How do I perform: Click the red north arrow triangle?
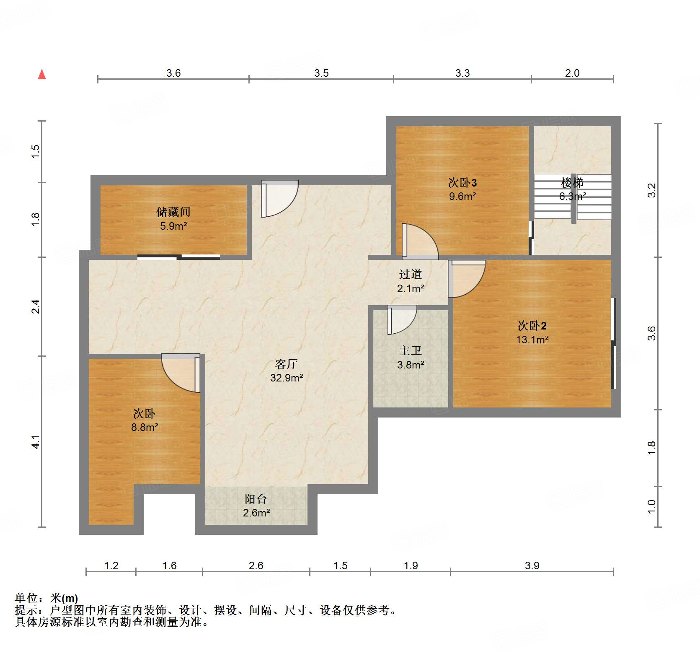pyautogui.click(x=42, y=75)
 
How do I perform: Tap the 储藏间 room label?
pyautogui.click(x=173, y=212)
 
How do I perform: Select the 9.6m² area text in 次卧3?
pyautogui.click(x=462, y=197)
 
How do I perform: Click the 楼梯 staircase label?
pyautogui.click(x=572, y=183)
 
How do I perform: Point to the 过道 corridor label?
pyautogui.click(x=410, y=275)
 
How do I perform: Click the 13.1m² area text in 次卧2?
pyautogui.click(x=532, y=340)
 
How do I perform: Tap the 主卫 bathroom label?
pyautogui.click(x=410, y=350)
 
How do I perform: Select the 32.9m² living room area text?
pyautogui.click(x=287, y=378)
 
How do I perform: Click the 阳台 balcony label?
pyautogui.click(x=256, y=499)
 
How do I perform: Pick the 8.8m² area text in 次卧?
pyautogui.click(x=145, y=428)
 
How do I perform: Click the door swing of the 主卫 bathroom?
pyautogui.click(x=401, y=320)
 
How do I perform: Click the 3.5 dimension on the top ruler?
pyautogui.click(x=321, y=73)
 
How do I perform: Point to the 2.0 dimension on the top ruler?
pyautogui.click(x=572, y=73)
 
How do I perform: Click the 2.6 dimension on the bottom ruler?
pyautogui.click(x=256, y=566)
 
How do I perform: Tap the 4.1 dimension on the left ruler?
pyautogui.click(x=36, y=442)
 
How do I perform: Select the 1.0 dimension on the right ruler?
pyautogui.click(x=651, y=506)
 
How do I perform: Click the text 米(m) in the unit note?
pyautogui.click(x=64, y=598)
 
